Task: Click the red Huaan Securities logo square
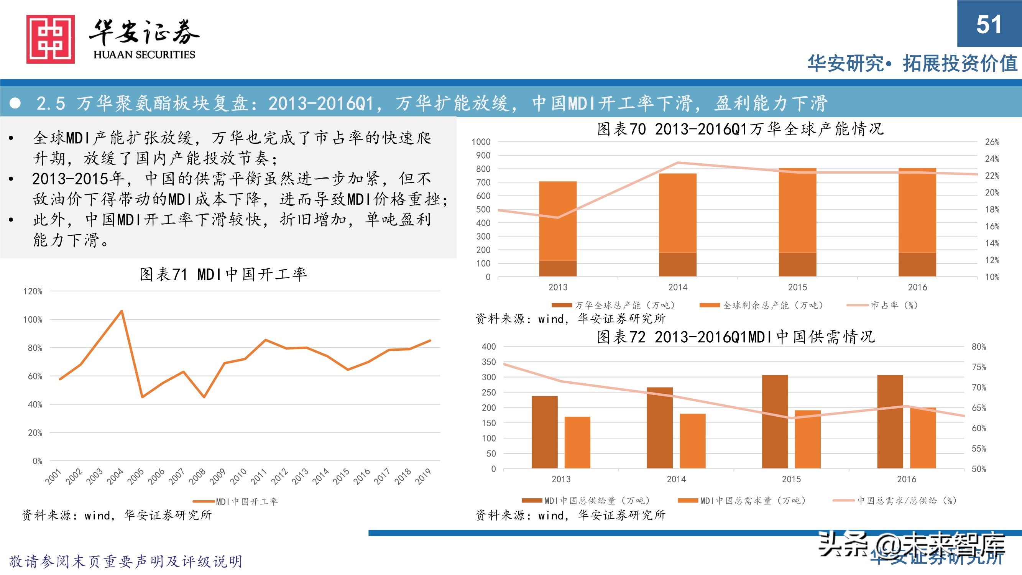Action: click(50, 39)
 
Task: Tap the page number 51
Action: click(989, 25)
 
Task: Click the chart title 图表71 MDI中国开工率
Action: click(223, 274)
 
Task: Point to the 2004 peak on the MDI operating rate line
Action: click(122, 311)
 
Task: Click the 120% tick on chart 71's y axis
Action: click(33, 291)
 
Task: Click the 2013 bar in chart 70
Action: click(557, 228)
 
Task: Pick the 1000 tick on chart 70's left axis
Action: click(481, 142)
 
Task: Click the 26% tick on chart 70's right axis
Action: click(992, 142)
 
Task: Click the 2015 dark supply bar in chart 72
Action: click(774, 421)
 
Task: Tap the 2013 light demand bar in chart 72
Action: click(577, 442)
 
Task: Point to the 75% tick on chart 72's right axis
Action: click(979, 367)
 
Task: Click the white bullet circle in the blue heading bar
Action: click(15, 103)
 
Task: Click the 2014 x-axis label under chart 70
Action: click(678, 287)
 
